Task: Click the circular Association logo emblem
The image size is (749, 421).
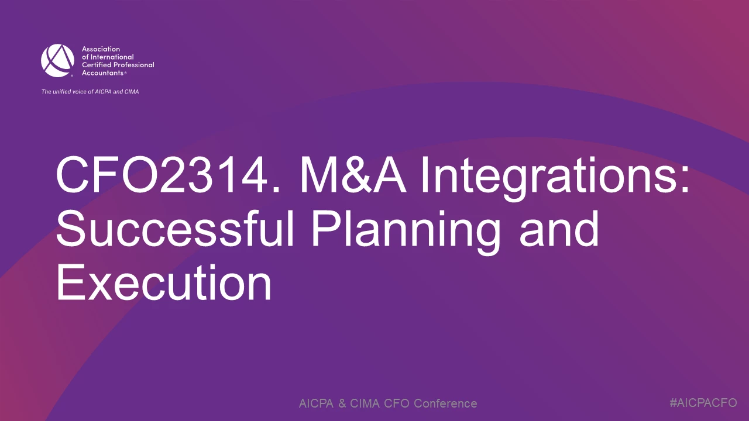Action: click(x=57, y=60)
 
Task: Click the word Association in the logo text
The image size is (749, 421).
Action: click(x=101, y=49)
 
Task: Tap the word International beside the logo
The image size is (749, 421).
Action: click(x=112, y=57)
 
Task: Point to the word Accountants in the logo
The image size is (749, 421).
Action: click(x=102, y=73)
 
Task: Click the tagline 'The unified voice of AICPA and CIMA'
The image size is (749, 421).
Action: click(x=90, y=92)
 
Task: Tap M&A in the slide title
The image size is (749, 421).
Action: click(x=353, y=175)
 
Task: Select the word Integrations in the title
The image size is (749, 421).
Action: click(x=549, y=179)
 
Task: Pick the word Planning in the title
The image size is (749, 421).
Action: click(x=406, y=232)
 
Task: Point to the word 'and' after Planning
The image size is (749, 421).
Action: click(x=559, y=229)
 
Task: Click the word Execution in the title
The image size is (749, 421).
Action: click(x=164, y=282)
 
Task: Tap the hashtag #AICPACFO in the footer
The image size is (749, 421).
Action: click(x=703, y=403)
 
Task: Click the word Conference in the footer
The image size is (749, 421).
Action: click(x=445, y=403)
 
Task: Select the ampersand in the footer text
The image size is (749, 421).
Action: click(x=342, y=403)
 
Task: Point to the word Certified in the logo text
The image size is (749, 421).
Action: click(x=95, y=65)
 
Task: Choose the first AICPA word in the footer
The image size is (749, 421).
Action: click(x=317, y=403)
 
